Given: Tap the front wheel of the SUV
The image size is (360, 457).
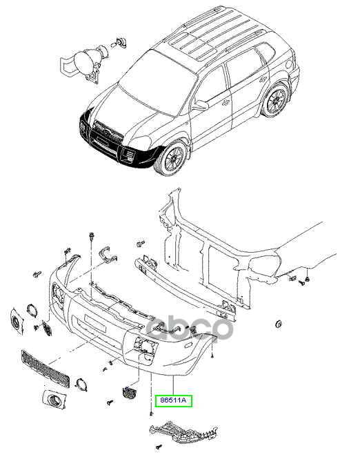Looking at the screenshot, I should coord(170,157).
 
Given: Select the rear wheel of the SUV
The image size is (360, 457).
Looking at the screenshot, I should coord(277,100).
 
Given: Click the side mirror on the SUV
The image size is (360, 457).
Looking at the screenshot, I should coord(200,106).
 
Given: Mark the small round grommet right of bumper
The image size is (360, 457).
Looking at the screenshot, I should coord(279,324).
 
